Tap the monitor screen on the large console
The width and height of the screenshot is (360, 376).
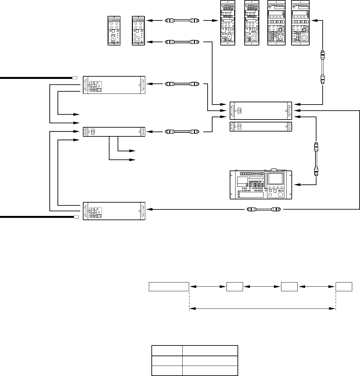275,179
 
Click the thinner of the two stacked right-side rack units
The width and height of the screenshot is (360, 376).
261,127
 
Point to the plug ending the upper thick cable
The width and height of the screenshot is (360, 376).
74,78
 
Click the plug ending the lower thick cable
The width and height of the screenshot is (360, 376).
76,217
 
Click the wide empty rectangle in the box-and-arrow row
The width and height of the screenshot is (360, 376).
169,287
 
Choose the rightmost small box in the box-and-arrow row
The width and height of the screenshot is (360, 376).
344,287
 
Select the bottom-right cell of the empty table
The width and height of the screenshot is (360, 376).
210,370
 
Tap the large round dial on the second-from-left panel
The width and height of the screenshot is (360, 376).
137,40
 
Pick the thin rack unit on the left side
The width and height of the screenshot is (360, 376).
114,132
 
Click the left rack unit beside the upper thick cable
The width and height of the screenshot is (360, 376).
114,85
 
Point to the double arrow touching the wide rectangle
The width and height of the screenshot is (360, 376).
207,287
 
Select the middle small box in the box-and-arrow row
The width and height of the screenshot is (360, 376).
289,287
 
